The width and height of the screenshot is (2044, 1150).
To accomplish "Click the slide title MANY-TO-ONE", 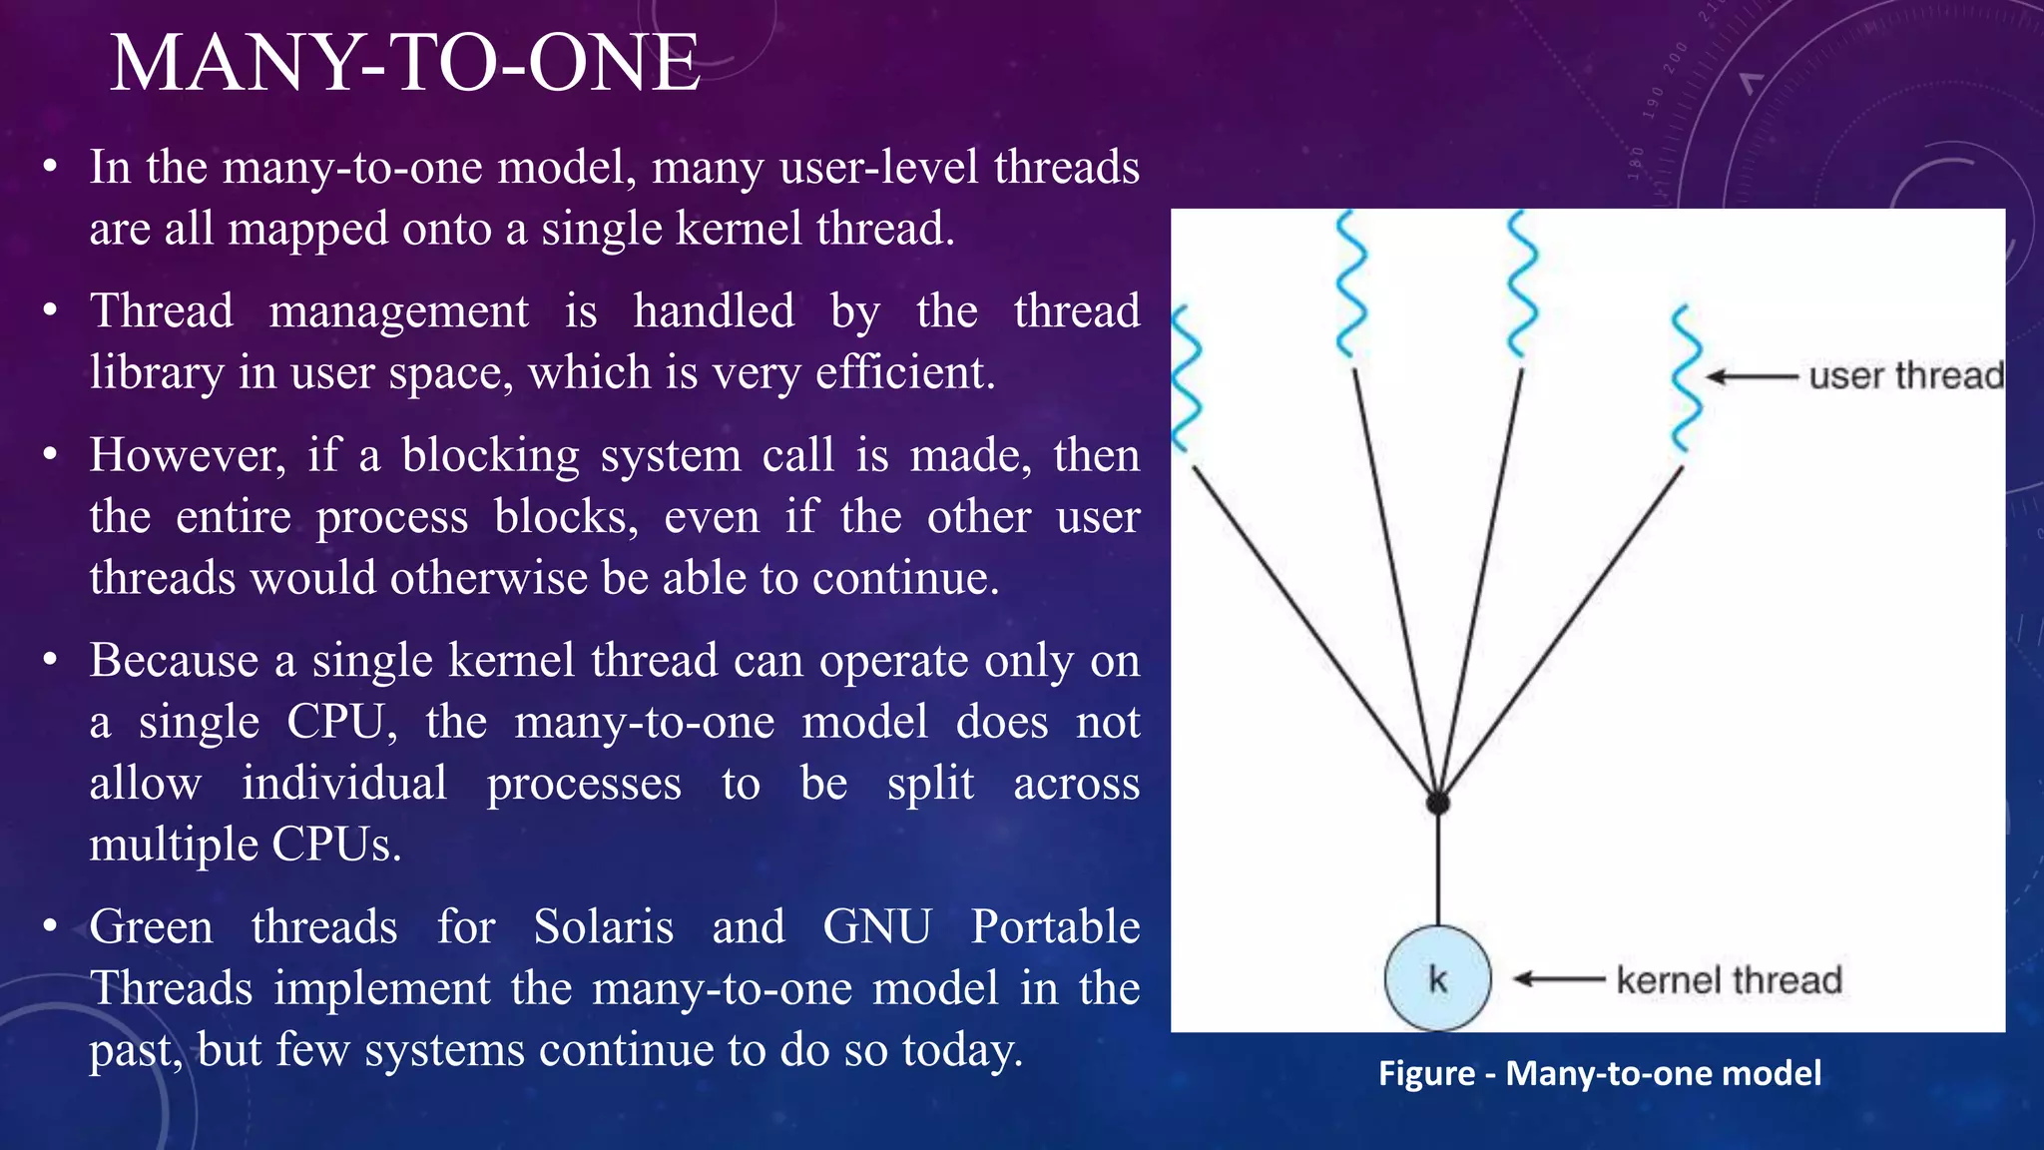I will [404, 63].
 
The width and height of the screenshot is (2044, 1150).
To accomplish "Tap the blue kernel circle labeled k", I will [1437, 978].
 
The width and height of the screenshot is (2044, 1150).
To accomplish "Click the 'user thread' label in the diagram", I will [1905, 376].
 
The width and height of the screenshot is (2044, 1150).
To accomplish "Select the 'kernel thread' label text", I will [1729, 980].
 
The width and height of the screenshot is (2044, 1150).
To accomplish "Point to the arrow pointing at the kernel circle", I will [1559, 979].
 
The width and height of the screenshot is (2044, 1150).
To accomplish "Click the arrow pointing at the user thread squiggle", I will [1752, 377].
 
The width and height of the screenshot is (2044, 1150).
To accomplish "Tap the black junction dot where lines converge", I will [1437, 803].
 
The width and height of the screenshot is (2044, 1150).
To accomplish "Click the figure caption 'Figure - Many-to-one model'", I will [1599, 1073].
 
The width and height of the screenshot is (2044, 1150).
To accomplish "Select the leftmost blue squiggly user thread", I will [1185, 379].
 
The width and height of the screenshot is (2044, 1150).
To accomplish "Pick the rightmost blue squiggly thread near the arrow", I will [1686, 379].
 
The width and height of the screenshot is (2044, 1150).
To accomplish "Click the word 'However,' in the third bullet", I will [188, 455].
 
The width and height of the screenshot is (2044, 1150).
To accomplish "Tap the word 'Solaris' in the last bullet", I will [603, 926].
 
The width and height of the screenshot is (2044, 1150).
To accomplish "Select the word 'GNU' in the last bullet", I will [877, 926].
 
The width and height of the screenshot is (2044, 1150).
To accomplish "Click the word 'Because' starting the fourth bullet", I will [174, 661].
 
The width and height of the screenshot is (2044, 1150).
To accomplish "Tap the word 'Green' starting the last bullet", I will [151, 926].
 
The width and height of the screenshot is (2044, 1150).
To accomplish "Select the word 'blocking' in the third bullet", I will [490, 455].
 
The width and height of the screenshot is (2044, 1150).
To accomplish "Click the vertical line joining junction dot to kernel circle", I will [1438, 868].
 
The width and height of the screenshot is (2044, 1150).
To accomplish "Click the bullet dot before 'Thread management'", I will [51, 310].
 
